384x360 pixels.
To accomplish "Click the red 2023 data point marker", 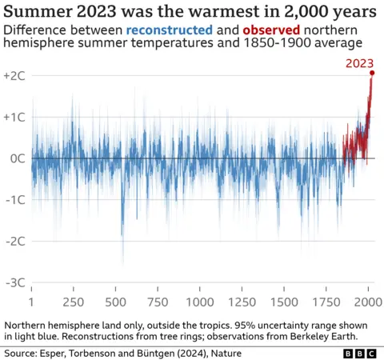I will [x=372, y=74].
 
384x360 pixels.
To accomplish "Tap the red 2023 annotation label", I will [x=360, y=63].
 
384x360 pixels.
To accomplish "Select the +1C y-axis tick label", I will [x=14, y=116].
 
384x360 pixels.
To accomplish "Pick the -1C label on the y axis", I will [x=14, y=199].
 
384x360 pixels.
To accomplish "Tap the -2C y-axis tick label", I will [x=14, y=241].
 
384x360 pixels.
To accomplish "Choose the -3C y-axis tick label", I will [x=14, y=282].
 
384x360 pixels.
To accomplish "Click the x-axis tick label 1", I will [x=31, y=303].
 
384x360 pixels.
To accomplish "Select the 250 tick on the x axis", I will [x=74, y=303].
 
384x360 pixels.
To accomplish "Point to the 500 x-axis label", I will [x=116, y=303].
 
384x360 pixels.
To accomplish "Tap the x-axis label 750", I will [x=158, y=303].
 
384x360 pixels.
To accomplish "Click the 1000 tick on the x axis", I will [x=200, y=303].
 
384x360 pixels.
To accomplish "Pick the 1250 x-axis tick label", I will [x=242, y=303].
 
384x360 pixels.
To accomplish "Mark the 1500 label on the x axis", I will [x=284, y=303].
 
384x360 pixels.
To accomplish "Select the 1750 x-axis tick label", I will [x=326, y=303].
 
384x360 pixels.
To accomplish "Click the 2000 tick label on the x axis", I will [x=368, y=303].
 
